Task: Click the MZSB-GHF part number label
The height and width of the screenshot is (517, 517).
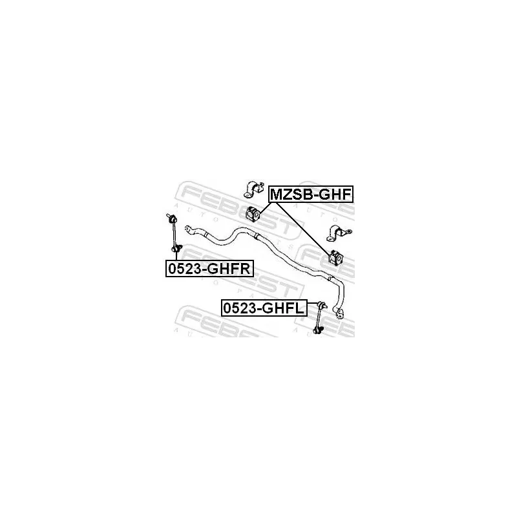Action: [x=311, y=195]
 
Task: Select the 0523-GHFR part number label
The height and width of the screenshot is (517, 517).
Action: [x=209, y=268]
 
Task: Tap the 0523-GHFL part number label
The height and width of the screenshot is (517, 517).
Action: [x=264, y=308]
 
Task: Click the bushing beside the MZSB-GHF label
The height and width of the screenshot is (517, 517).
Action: [x=253, y=213]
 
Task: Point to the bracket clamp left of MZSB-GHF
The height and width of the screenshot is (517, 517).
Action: [x=254, y=189]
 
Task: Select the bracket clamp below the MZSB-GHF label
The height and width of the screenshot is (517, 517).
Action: [x=338, y=233]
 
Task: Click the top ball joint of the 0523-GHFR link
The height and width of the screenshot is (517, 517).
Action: [x=172, y=218]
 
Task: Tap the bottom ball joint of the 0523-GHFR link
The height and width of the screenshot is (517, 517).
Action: [x=176, y=248]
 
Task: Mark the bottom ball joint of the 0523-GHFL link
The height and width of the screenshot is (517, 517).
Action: [x=319, y=329]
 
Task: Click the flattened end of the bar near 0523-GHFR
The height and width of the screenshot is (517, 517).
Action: [x=189, y=229]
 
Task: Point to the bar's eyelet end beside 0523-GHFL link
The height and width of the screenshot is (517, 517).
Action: [x=339, y=313]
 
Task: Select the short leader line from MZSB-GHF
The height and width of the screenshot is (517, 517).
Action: [x=266, y=208]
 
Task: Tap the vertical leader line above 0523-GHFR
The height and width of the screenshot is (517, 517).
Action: [x=176, y=256]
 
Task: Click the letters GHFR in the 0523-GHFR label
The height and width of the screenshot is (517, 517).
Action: [x=230, y=268]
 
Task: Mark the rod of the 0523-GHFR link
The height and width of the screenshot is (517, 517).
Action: [x=174, y=233]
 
